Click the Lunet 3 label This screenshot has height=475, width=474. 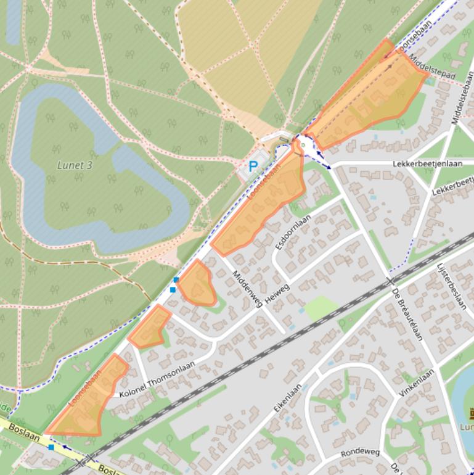click(75, 165)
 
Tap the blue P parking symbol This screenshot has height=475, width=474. click(253, 166)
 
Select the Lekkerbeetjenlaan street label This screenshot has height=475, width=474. click(427, 164)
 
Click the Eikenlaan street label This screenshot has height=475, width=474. click(288, 398)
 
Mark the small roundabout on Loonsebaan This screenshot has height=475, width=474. click(303, 146)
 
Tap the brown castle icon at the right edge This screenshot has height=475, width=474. click(470, 413)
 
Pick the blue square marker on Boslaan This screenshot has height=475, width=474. click(51, 447)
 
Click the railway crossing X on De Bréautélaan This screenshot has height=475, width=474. click(390, 281)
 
